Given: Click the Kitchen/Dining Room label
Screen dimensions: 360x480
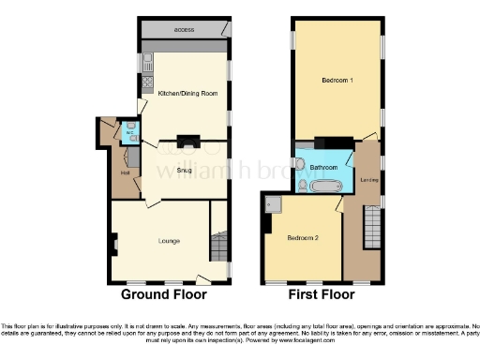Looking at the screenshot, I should (187, 94).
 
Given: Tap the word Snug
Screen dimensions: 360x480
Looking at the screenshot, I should (184, 170).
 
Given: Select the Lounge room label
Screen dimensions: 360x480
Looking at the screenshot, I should (157, 241).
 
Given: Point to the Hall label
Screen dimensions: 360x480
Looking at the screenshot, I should (125, 172).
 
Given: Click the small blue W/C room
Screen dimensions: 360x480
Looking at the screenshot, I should (131, 130).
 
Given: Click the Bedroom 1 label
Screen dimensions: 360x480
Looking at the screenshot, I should (337, 81).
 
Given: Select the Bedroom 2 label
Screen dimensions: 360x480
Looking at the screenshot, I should (304, 239).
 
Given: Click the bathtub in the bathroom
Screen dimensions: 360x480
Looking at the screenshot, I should (325, 187).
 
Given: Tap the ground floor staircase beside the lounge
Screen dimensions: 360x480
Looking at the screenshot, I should (219, 247).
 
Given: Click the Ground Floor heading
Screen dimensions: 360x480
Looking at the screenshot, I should (164, 294).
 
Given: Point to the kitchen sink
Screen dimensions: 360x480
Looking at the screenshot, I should (147, 64).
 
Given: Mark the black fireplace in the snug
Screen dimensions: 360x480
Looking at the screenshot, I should (188, 142).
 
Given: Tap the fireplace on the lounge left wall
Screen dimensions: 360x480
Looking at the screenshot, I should (114, 245).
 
